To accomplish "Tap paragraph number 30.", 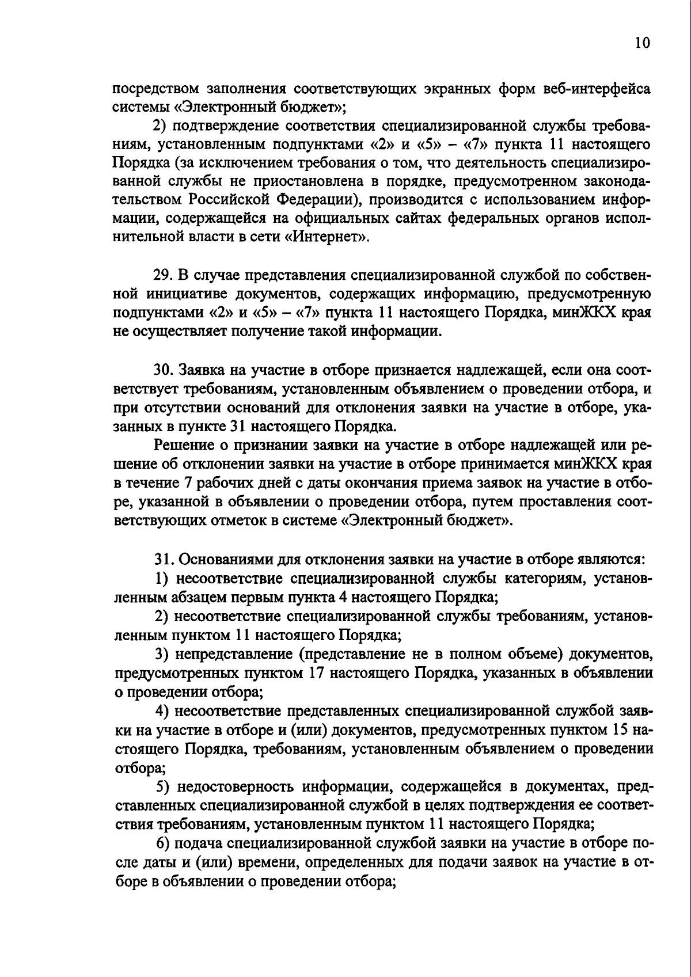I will [164, 369].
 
